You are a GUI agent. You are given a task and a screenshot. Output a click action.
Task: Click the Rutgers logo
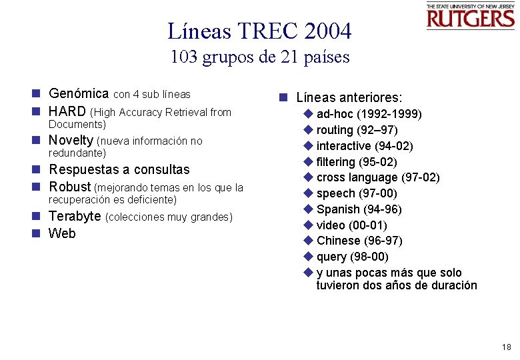coord(471,16)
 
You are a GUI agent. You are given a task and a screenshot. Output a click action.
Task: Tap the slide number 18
coord(507,347)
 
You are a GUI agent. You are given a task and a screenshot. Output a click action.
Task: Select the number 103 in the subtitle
coord(184,57)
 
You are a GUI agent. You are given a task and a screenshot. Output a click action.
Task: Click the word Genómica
coord(79,93)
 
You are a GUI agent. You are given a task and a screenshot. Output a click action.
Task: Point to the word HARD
coord(67,111)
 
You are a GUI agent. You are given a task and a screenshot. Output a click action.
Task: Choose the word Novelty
coord(71,141)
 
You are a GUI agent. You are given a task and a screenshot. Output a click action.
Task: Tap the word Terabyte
coord(75,217)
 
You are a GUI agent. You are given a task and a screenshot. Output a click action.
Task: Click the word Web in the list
coord(62,233)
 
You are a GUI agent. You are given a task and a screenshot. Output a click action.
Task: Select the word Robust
coord(69,187)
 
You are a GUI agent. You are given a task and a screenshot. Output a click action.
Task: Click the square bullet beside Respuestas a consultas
coord(41,170)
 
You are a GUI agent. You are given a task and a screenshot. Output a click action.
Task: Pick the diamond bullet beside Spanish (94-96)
coord(308,209)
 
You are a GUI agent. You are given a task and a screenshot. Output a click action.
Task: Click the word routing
coord(335,130)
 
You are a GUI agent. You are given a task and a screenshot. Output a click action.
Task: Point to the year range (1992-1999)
coord(389,114)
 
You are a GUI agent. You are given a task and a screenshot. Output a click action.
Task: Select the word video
coord(331,225)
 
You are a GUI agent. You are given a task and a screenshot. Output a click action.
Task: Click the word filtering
coord(335,162)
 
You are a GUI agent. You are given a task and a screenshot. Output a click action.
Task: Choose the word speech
coord(335,193)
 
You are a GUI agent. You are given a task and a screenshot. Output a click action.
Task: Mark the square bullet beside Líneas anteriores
coord(283,97)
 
